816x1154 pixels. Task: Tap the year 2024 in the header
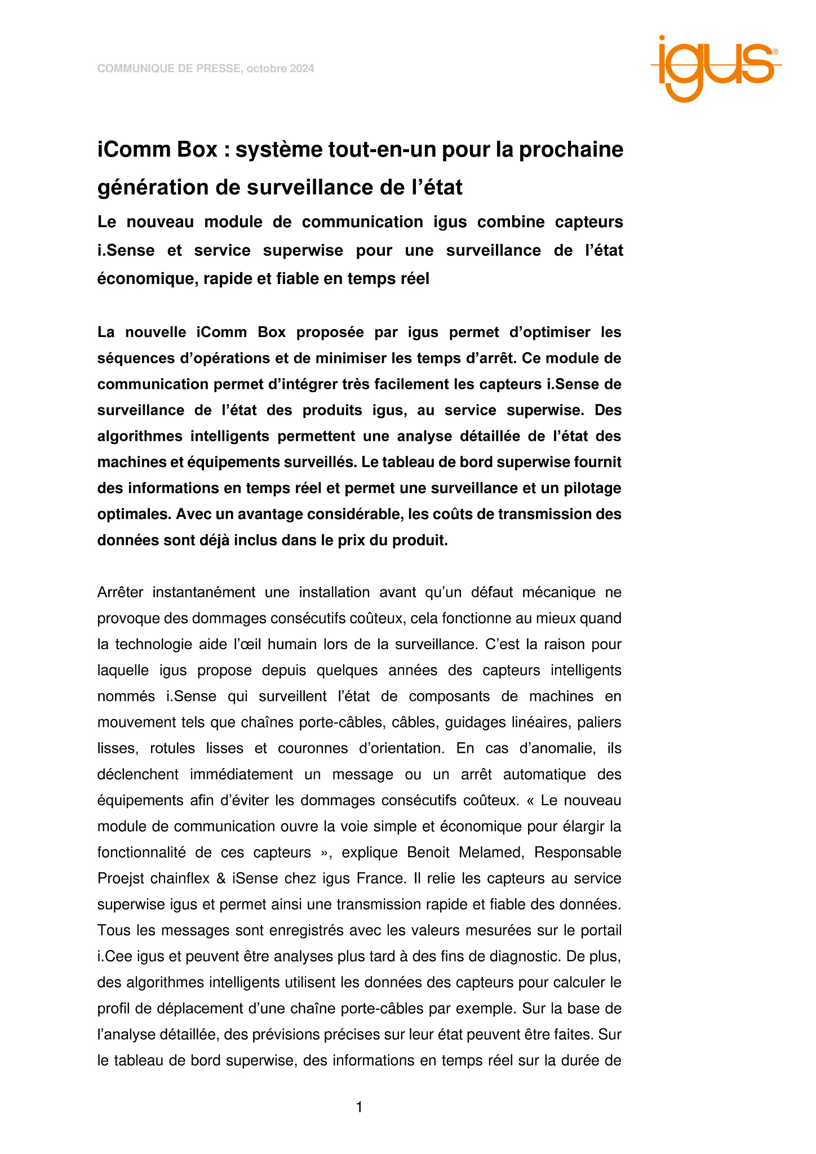point(301,69)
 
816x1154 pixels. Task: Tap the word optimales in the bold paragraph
point(134,514)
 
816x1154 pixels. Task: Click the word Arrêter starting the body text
point(120,593)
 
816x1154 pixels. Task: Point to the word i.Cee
point(113,956)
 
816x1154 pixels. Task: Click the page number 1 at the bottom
point(359,1107)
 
